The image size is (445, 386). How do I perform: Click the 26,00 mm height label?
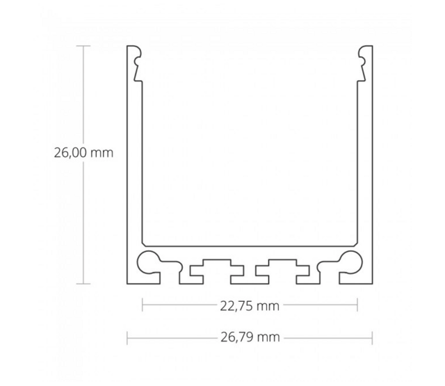click(83, 153)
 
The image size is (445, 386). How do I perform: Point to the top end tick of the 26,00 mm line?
click(83, 45)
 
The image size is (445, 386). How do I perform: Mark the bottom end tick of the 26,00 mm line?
click(83, 284)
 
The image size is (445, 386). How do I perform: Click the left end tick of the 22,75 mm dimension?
click(143, 305)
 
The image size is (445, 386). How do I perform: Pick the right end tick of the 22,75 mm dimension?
click(357, 305)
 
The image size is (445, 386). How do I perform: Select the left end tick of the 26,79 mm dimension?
click(127, 338)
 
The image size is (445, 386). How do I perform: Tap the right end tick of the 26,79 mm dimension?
click(373, 338)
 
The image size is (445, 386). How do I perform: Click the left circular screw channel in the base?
click(148, 263)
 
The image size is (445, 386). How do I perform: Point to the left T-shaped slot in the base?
click(210, 268)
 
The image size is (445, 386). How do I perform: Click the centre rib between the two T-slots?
click(250, 275)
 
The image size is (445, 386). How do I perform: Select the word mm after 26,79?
click(268, 338)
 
